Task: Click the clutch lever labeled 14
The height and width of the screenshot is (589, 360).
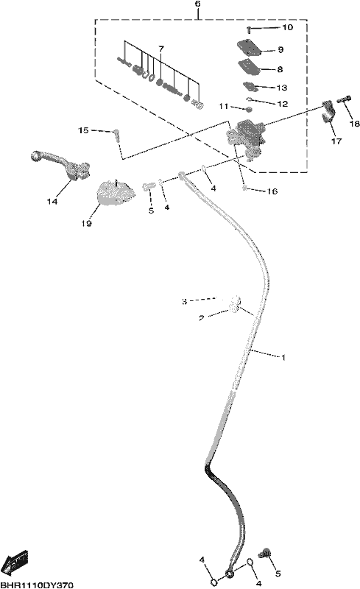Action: coord(62,163)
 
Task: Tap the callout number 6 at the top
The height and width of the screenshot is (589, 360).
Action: coord(198,4)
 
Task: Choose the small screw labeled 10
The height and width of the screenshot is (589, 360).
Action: coord(249,29)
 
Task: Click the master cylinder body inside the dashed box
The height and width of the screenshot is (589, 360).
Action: coord(246,135)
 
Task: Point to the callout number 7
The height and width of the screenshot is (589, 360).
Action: coord(161,49)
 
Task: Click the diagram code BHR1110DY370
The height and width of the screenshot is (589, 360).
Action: coord(37,585)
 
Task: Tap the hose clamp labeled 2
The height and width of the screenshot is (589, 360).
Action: coord(233,309)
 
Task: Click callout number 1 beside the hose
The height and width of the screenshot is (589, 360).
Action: coord(283,357)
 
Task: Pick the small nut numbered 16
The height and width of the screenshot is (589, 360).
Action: coord(245,188)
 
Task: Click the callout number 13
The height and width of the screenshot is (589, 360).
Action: coord(282,88)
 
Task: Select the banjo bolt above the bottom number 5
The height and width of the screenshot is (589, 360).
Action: coord(266,552)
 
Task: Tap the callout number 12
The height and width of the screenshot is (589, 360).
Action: coord(282,104)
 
